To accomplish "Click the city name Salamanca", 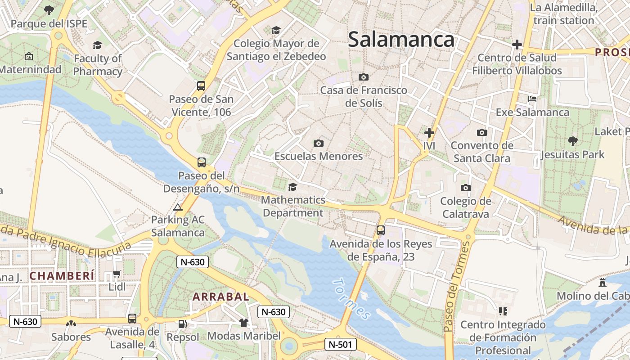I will click(401, 40).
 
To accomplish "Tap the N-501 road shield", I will click(340, 345).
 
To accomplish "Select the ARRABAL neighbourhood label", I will click(220, 297).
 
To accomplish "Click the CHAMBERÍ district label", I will click(62, 276).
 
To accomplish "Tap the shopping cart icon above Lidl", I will click(117, 274).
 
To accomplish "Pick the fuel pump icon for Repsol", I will click(182, 324).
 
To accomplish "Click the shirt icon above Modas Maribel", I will click(243, 322).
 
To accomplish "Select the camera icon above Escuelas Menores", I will click(319, 143).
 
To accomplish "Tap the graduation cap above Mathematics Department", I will click(293, 186).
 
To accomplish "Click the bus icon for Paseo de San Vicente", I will click(201, 85).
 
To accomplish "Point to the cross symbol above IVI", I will click(429, 133).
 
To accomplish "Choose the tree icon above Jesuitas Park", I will click(572, 141).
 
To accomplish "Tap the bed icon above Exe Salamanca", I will click(532, 99).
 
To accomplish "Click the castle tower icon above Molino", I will click(603, 283).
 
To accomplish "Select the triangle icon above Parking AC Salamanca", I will click(178, 207).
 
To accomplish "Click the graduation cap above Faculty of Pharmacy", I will click(97, 45).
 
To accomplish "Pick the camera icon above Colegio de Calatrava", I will click(465, 188).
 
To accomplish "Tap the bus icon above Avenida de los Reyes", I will click(381, 230).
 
